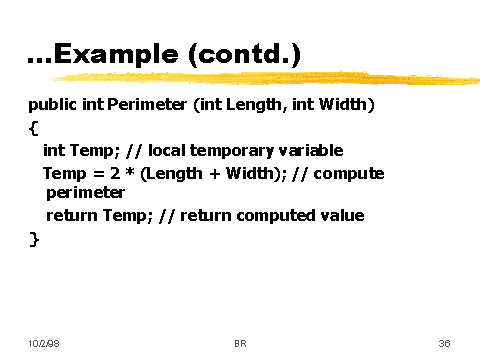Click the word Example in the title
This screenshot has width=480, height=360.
tap(114, 57)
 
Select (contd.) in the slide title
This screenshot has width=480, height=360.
tap(246, 57)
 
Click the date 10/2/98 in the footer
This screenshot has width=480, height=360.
tap(43, 343)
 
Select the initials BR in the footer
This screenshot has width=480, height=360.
tap(240, 343)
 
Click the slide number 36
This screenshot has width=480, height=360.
tap(444, 343)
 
